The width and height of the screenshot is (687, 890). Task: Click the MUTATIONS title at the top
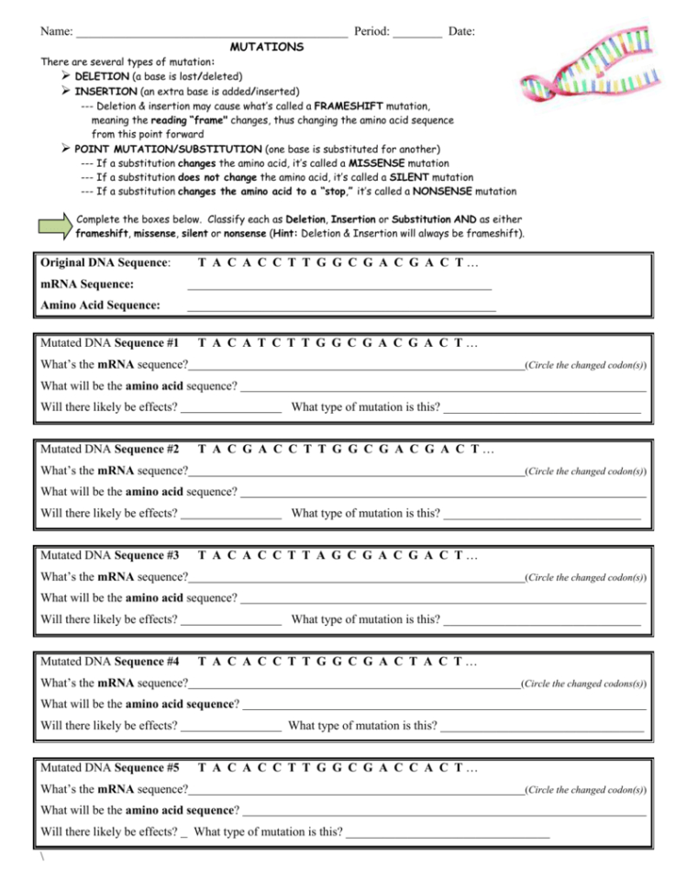pyautogui.click(x=267, y=46)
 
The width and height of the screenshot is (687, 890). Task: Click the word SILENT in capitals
pyautogui.click(x=405, y=177)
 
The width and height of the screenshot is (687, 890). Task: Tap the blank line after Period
pyautogui.click(x=417, y=32)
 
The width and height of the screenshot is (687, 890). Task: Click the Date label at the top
pyautogui.click(x=462, y=31)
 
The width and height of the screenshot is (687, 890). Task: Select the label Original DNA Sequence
pyautogui.click(x=105, y=263)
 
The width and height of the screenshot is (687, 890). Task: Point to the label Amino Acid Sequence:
pyautogui.click(x=101, y=305)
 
